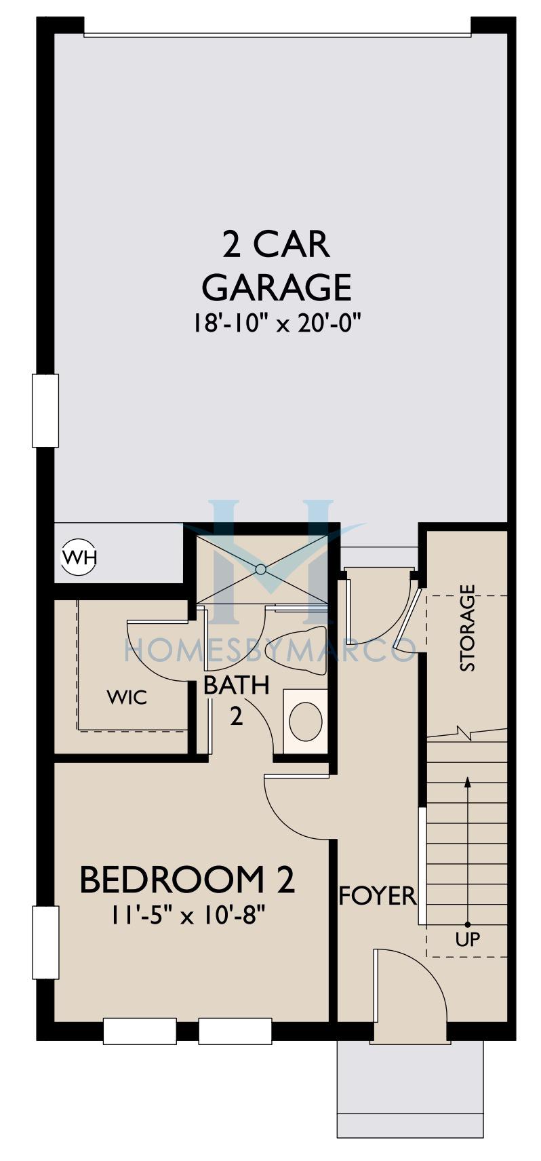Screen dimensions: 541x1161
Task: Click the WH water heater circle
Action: pyautogui.click(x=79, y=557)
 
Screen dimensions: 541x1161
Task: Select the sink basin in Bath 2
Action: pyautogui.click(x=306, y=720)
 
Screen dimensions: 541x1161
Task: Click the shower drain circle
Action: pyautogui.click(x=260, y=569)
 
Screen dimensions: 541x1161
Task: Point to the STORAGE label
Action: pyautogui.click(x=467, y=628)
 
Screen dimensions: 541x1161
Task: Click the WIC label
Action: pyautogui.click(x=127, y=698)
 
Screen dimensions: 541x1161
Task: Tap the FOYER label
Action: pyautogui.click(x=377, y=896)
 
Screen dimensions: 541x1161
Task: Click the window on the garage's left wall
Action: pyautogui.click(x=45, y=410)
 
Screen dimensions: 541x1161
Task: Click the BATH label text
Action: pyautogui.click(x=237, y=685)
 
